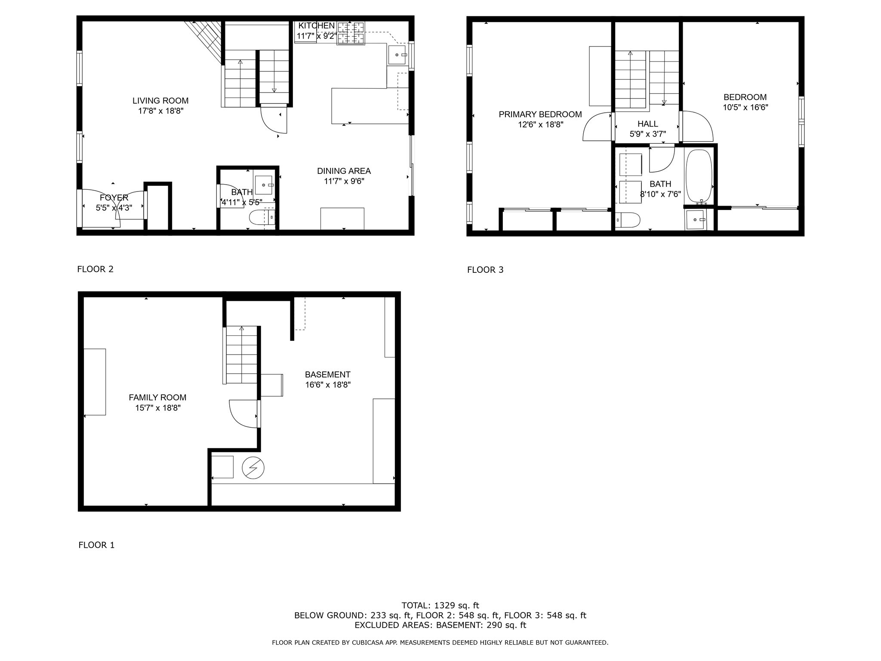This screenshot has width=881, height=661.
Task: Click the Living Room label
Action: [x=160, y=101]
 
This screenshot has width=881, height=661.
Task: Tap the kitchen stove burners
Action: [x=351, y=33]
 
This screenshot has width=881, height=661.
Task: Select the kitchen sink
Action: [x=397, y=55]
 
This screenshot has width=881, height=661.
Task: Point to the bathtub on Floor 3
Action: [x=699, y=176]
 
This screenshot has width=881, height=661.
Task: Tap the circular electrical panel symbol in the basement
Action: [x=253, y=468]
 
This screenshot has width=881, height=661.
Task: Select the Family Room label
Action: [x=157, y=398]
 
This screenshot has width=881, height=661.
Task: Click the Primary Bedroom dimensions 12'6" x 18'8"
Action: [x=540, y=125]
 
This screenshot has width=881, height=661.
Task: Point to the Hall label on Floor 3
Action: [x=647, y=124]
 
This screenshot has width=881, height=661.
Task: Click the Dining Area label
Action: [x=344, y=171]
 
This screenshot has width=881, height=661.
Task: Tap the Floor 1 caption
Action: [x=96, y=545]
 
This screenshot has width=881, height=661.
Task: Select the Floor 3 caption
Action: [x=485, y=270]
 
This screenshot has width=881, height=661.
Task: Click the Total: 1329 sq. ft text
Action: [x=440, y=605]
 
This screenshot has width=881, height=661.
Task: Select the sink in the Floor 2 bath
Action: [x=263, y=185]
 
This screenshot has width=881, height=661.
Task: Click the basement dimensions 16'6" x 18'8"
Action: [x=328, y=385]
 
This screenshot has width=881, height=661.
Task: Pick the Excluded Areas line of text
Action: [x=440, y=625]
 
